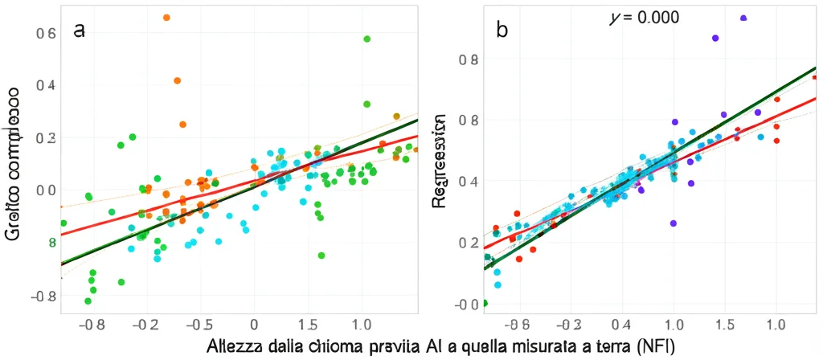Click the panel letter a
point(79,31)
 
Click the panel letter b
point(502,31)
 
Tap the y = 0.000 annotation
point(645,17)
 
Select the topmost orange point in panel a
point(166,17)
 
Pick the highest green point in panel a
point(366,39)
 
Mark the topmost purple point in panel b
point(743,18)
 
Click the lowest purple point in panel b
point(674,223)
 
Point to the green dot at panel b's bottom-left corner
point(484,303)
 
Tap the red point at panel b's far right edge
point(815,77)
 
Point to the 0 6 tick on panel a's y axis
point(47,33)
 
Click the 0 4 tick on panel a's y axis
point(47,85)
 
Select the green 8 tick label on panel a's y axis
point(52,242)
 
